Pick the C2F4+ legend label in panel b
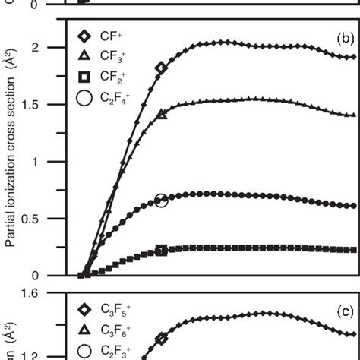click(117, 98)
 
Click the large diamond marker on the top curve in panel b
click(160, 68)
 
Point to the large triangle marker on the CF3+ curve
click(161, 114)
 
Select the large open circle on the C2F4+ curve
click(161, 201)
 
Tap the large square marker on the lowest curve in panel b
click(161, 250)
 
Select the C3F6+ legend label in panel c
click(117, 330)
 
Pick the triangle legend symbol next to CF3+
click(84, 55)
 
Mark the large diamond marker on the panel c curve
click(161, 339)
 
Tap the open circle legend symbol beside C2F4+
click(84, 97)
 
